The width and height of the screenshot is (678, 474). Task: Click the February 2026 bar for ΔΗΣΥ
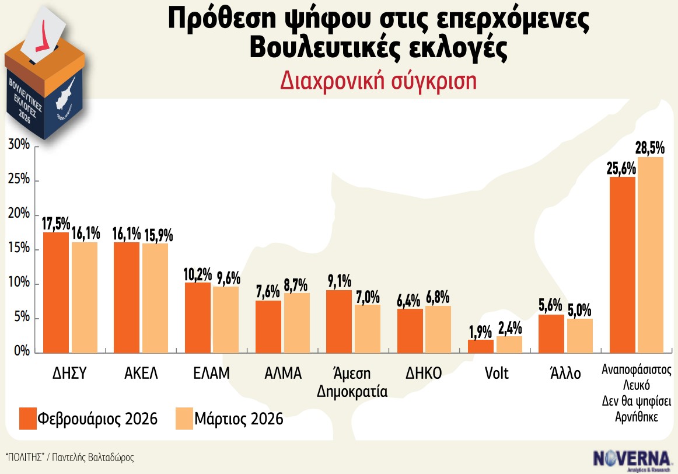56,292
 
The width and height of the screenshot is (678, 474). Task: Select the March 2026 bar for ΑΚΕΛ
155,298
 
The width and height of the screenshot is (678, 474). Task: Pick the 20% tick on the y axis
19,215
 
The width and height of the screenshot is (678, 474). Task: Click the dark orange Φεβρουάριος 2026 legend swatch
27,419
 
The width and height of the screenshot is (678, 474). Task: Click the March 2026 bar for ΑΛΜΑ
297,323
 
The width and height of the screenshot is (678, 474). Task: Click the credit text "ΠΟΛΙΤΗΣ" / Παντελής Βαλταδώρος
69,457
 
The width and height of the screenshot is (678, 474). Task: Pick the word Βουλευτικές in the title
332,49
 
